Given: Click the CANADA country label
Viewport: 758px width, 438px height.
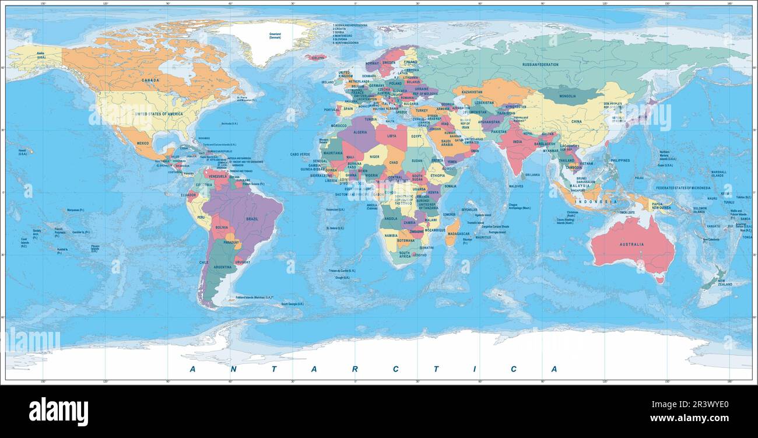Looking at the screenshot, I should pyautogui.click(x=150, y=80).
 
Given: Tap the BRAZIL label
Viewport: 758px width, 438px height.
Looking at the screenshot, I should pyautogui.click(x=252, y=219).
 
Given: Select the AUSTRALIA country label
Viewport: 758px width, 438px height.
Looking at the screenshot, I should pyautogui.click(x=632, y=244).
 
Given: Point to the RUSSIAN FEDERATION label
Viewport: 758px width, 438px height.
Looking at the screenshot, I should pyautogui.click(x=541, y=65).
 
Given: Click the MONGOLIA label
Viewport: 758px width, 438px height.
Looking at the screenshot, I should pyautogui.click(x=567, y=96).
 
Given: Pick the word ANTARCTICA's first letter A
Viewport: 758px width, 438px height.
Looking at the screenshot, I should pyautogui.click(x=193, y=369).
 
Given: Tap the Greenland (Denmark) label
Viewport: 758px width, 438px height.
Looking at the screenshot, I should pyautogui.click(x=275, y=36).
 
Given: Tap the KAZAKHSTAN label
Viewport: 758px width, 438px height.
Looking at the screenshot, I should pyautogui.click(x=472, y=92).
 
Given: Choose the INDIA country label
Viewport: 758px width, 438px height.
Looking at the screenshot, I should pyautogui.click(x=517, y=141).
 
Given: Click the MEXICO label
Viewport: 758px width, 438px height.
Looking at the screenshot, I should pyautogui.click(x=143, y=143).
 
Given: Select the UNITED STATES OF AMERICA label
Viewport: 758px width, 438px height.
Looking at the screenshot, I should pyautogui.click(x=159, y=114).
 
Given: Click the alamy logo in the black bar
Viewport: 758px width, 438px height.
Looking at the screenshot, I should pyautogui.click(x=58, y=412).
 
